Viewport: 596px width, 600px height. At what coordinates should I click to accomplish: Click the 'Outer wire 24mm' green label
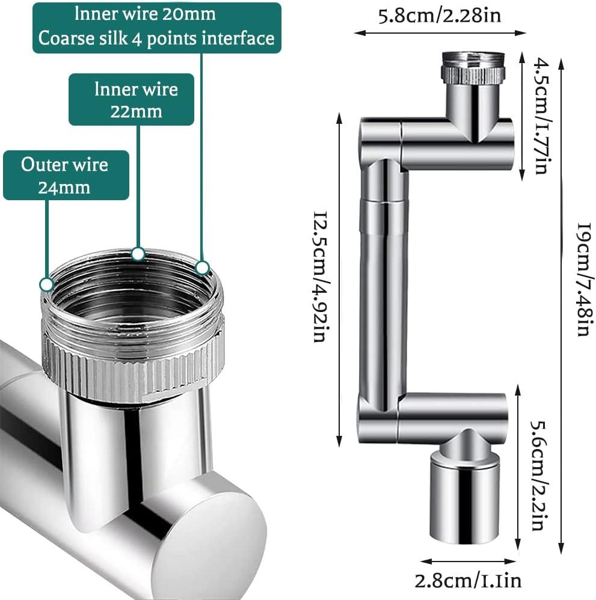(x=66, y=176)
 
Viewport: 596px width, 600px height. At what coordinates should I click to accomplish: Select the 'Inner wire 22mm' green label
(x=131, y=99)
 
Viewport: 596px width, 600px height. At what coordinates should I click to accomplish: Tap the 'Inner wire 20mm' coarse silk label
(x=157, y=28)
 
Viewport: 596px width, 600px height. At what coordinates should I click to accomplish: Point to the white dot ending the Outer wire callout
(x=47, y=285)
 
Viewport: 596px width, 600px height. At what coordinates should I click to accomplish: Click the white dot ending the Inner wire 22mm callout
(x=138, y=253)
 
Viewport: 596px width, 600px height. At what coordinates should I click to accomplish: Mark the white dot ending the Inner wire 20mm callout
(x=202, y=267)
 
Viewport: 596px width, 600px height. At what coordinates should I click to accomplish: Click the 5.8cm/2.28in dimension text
(x=440, y=16)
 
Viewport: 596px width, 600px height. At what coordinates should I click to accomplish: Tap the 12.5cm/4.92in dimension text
(x=321, y=277)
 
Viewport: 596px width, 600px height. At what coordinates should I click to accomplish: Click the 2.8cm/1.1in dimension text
(x=468, y=581)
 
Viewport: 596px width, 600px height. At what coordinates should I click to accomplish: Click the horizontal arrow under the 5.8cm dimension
(x=440, y=33)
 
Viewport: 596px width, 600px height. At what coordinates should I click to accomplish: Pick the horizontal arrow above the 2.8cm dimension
(x=469, y=562)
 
